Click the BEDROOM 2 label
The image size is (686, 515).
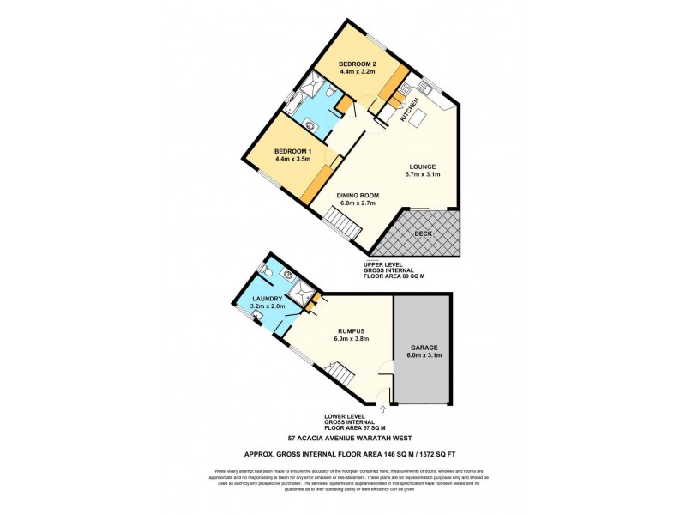click(358, 64)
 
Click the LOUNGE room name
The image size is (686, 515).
click(422, 167)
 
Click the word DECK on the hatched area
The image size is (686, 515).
click(423, 233)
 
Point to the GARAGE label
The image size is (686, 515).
click(422, 348)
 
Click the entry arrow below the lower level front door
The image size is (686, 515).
click(383, 410)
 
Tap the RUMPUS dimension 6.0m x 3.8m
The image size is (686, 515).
click(352, 338)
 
